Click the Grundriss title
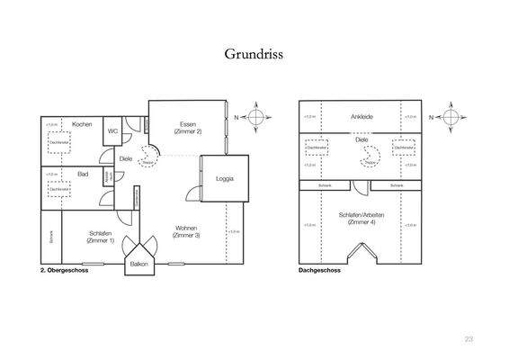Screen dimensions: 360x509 pos(254,54)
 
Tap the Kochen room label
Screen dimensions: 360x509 pos(83,123)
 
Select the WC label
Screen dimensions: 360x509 pos(113,130)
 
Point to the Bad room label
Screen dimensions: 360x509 pos(82,173)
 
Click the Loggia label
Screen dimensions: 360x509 pos(224,178)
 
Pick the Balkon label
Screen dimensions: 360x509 pos(138,265)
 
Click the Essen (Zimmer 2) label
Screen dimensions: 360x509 pos(188,128)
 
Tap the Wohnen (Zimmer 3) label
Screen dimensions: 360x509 pos(187,231)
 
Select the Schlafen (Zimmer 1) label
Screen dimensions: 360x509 pos(101,238)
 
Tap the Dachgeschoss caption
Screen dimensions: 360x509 pos(318,269)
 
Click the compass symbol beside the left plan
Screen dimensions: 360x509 pos(257,116)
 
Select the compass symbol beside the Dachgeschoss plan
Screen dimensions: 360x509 pos(454,116)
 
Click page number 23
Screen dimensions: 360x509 pos(469,339)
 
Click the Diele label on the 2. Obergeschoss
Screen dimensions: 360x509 pos(126,159)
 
